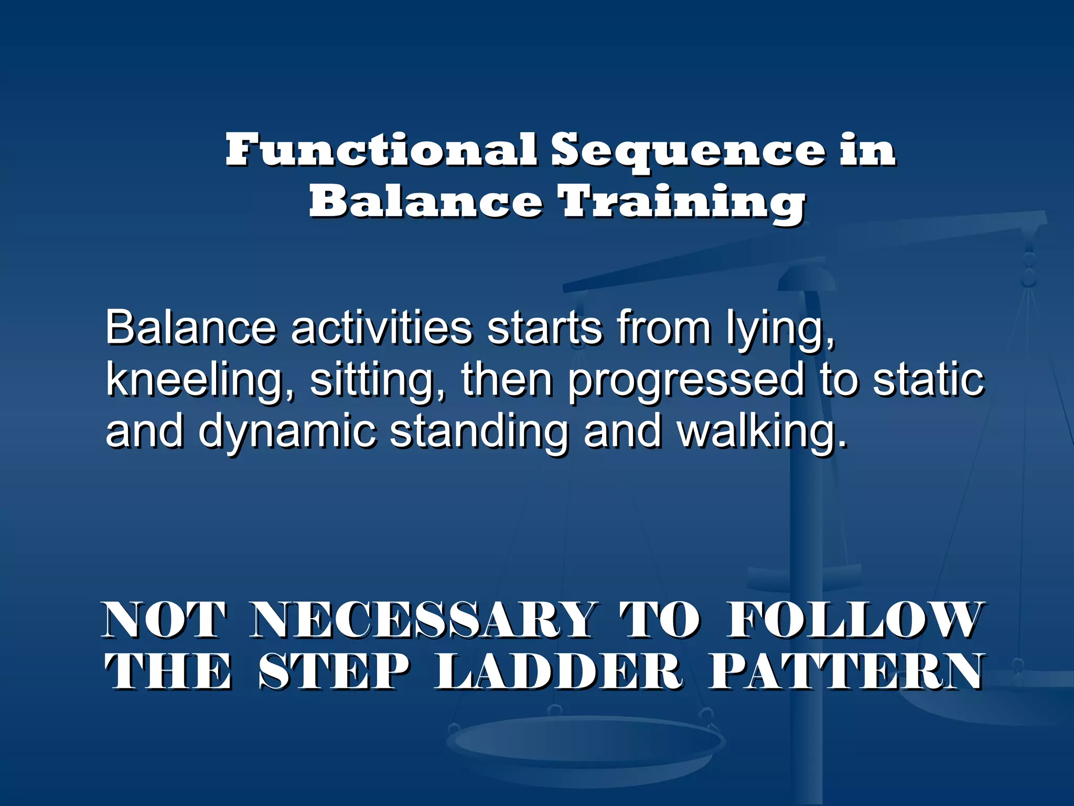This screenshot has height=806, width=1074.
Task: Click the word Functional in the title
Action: pyautogui.click(x=381, y=150)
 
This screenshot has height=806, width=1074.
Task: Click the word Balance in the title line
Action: pyautogui.click(x=425, y=203)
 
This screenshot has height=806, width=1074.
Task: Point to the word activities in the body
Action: pyautogui.click(x=381, y=328)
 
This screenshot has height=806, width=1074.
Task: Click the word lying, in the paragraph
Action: pyautogui.click(x=780, y=330)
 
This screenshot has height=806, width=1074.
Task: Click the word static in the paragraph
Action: pyautogui.click(x=928, y=380)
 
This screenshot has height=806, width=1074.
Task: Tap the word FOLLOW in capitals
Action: pyautogui.click(x=854, y=621)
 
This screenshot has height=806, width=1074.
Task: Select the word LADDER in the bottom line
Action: pyautogui.click(x=559, y=672)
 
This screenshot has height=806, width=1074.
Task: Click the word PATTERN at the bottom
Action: pyautogui.click(x=845, y=672)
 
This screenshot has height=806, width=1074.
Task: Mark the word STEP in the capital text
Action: pyautogui.click(x=334, y=672)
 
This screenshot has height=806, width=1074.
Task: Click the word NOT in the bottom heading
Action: pyautogui.click(x=165, y=621)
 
